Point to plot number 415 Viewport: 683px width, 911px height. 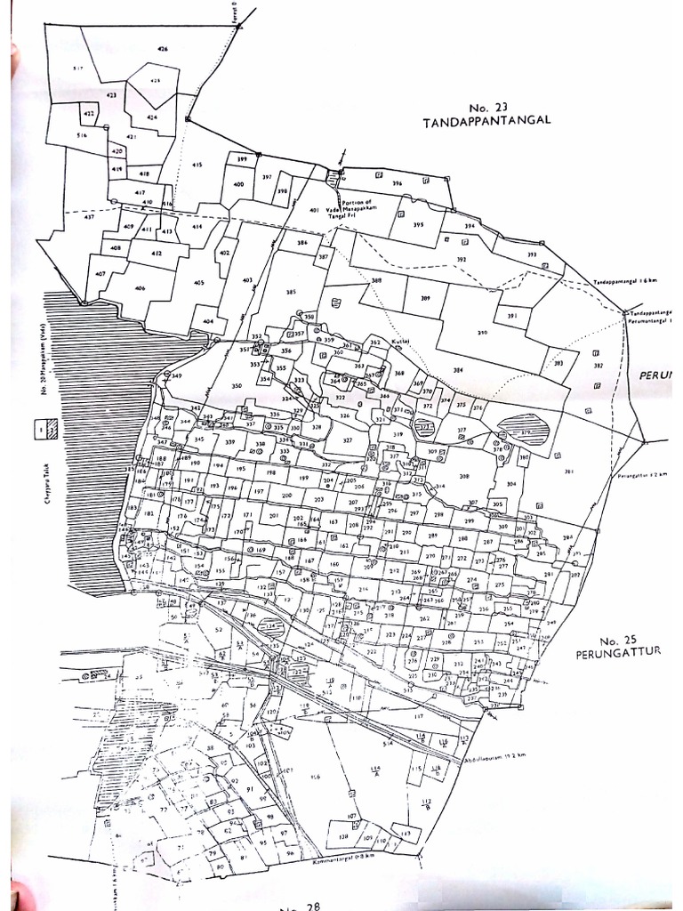pyautogui.click(x=197, y=165)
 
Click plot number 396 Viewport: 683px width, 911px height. pyautogui.click(x=397, y=184)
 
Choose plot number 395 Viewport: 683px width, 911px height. pyautogui.click(x=418, y=225)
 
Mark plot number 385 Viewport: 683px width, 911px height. pyautogui.click(x=290, y=293)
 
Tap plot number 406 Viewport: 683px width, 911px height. pyautogui.click(x=140, y=288)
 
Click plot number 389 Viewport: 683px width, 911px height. pyautogui.click(x=425, y=298)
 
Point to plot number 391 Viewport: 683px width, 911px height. pyautogui.click(x=511, y=316)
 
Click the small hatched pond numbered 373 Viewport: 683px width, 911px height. pyautogui.click(x=426, y=428)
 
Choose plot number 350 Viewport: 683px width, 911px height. pyautogui.click(x=237, y=385)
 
